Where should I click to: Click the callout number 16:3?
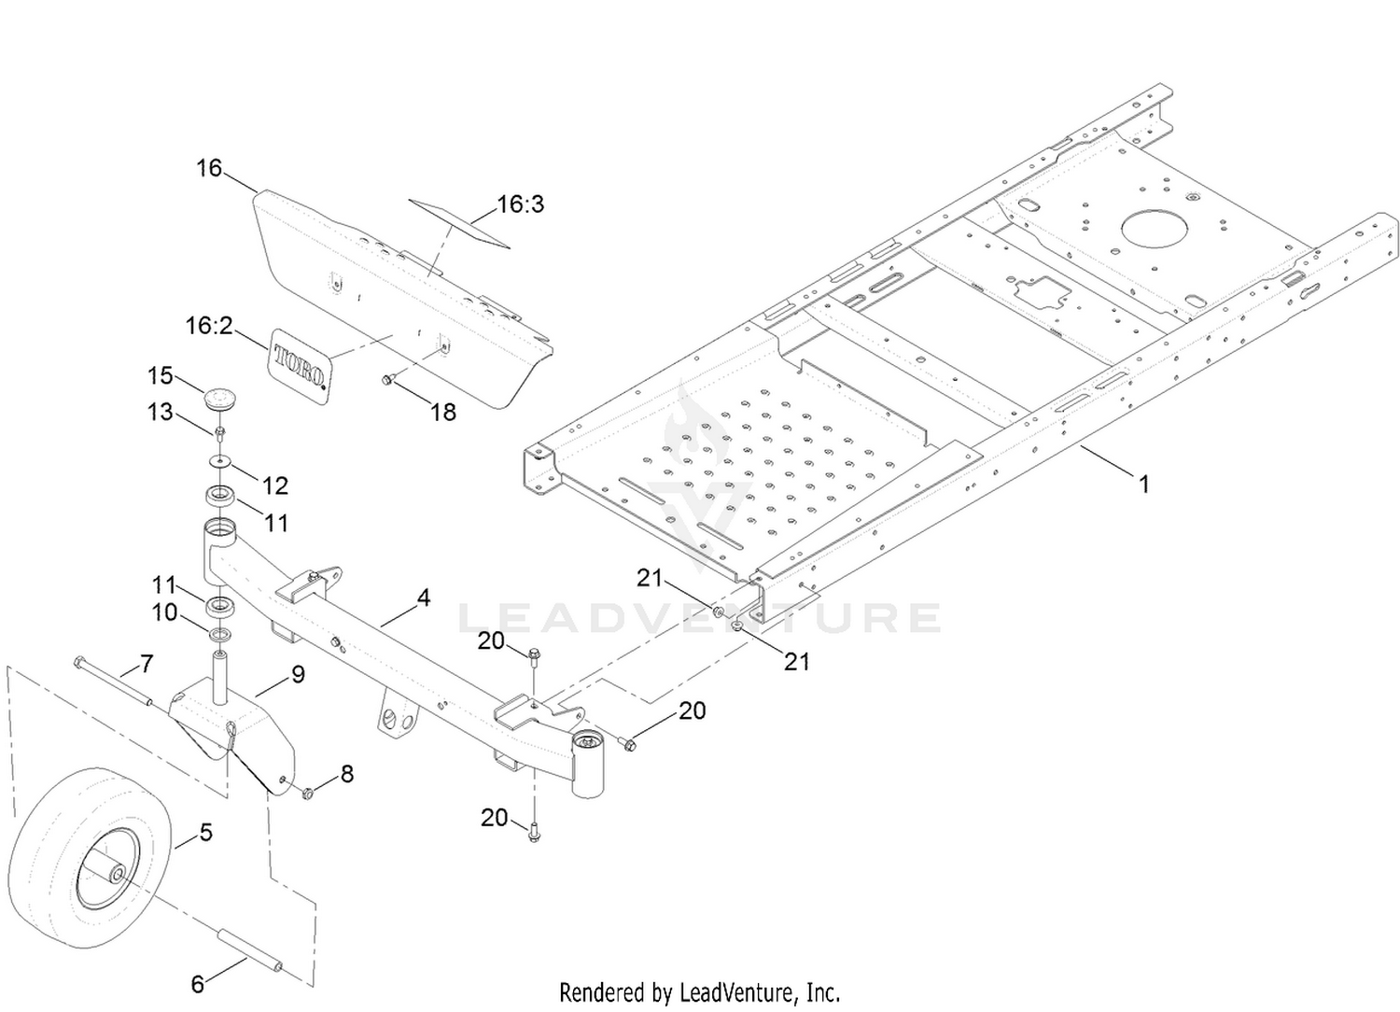coord(520,204)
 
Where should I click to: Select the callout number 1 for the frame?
coord(1143,484)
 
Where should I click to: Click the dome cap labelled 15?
coord(221,397)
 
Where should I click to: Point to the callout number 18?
coord(442,412)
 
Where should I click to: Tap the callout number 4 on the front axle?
coord(424,597)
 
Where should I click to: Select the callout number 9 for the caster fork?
coord(298,673)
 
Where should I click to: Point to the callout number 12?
coord(275,485)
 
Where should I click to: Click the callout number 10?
coord(164,612)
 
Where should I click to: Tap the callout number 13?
coord(161,411)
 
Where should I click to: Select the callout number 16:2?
coord(209,326)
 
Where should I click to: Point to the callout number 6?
coord(197,983)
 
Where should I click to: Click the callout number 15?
coord(161,375)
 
